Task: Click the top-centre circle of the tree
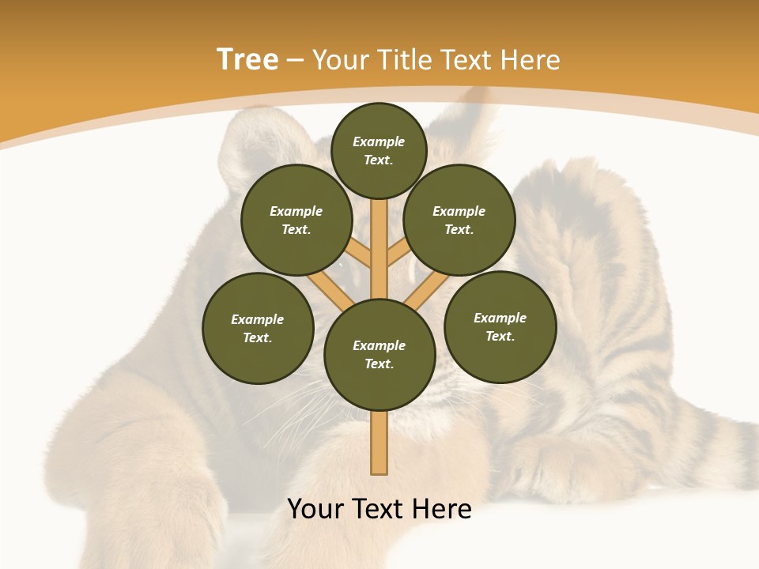point(379,150)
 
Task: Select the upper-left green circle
point(296,220)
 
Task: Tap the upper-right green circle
point(459,220)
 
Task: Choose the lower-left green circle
point(258,328)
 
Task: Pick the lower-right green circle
point(500,326)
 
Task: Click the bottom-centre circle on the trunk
point(379,354)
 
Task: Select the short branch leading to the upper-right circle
point(398,253)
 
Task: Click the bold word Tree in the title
point(247,59)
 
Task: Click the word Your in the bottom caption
point(315,509)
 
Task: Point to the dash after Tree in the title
point(295,60)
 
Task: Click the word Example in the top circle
point(379,141)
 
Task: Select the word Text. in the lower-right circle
point(500,336)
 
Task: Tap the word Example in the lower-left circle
point(258,319)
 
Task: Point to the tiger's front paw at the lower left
point(158,506)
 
